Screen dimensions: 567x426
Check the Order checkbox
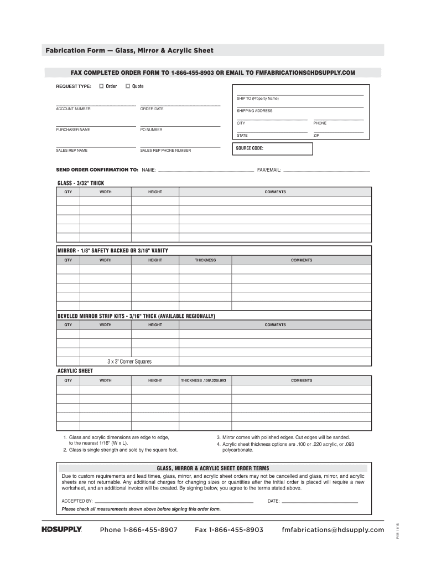101,86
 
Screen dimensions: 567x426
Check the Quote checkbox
127,86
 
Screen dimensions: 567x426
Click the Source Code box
273,149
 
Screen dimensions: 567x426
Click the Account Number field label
73,109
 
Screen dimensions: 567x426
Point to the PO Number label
151,130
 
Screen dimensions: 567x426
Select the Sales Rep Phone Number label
165,151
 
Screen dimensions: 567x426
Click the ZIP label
316,136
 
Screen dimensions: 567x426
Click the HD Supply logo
62,530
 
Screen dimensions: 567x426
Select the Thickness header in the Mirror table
205,260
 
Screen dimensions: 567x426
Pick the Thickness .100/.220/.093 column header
204,381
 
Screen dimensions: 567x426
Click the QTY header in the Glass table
68,192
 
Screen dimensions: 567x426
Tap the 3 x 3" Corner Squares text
129,362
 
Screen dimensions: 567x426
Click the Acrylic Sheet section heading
75,371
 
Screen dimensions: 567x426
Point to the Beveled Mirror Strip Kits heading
136,316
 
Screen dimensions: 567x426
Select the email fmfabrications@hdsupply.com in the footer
333,530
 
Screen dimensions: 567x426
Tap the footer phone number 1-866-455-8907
138,530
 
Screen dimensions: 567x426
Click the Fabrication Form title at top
129,50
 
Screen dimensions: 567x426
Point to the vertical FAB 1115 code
397,531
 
